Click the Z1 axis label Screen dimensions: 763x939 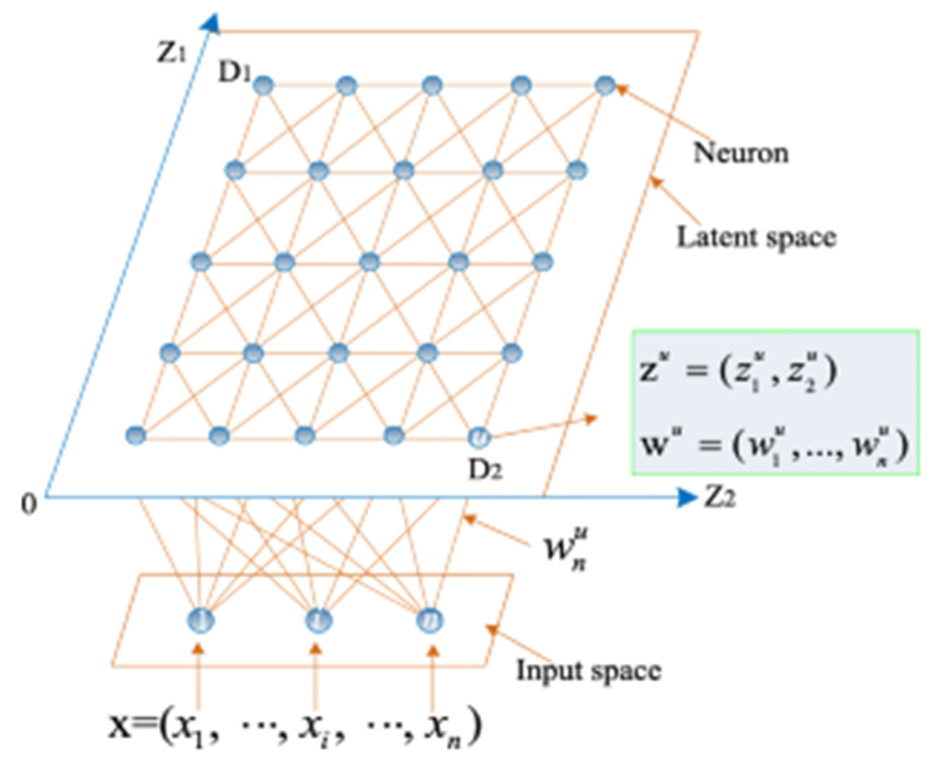pos(171,53)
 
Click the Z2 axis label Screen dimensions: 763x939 pos(720,498)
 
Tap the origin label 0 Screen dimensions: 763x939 pos(29,505)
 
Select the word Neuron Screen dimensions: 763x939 pos(741,153)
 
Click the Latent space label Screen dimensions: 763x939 pos(756,238)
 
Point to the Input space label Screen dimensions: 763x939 pos(589,670)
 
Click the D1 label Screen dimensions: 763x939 pos(234,72)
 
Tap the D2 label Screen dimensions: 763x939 pos(485,470)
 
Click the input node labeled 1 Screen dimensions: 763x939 pos(201,620)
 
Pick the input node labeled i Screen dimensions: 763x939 pos(318,620)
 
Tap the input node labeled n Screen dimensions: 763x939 pos(430,620)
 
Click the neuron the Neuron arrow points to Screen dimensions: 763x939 pos(605,86)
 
